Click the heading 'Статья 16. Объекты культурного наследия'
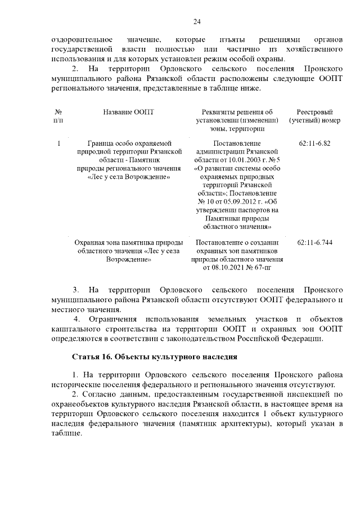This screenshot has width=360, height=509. pos(155,357)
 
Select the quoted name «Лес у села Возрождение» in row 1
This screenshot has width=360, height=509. pos(128,176)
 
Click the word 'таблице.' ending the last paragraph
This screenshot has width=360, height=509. pos(66,434)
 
